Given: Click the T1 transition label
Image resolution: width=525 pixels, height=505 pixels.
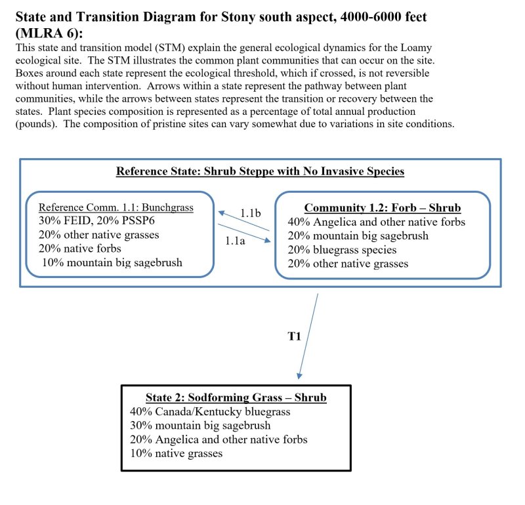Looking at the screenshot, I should [294, 336].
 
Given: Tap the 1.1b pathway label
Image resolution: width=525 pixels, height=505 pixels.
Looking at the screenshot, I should [251, 213].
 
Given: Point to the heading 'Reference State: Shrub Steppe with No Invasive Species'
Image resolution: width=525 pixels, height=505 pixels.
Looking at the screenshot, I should [260, 172].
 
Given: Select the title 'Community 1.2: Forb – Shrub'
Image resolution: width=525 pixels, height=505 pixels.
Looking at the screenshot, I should [383, 208].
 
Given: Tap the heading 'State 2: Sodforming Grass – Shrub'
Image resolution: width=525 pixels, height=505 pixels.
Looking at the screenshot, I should [236, 397].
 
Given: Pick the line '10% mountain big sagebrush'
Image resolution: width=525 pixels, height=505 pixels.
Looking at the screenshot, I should [112, 262].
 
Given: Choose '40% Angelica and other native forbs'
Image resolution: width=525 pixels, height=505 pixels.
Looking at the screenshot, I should [376, 222].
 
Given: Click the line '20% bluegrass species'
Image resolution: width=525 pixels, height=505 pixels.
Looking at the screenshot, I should [342, 250].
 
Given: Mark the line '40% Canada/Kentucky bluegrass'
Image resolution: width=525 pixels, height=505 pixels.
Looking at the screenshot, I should [210, 412].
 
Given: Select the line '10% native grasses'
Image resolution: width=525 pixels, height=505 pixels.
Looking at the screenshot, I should [176, 453].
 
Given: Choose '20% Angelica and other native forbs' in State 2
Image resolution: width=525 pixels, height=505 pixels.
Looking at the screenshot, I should [219, 439].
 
